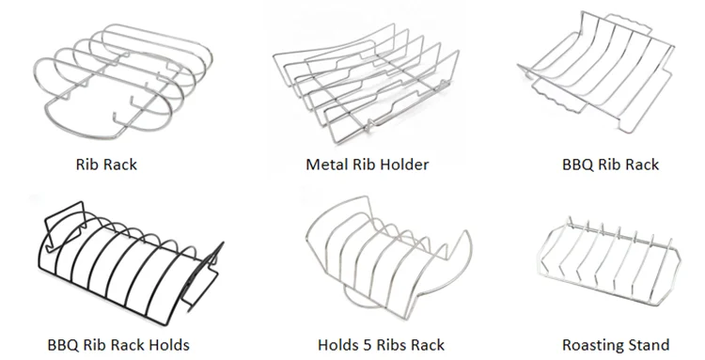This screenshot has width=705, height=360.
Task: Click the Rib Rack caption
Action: coord(106,164)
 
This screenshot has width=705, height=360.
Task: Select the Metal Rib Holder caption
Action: coord(368,164)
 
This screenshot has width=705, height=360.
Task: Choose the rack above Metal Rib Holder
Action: coord(362,85)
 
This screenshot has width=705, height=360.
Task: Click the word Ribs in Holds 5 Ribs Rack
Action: coord(386,345)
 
